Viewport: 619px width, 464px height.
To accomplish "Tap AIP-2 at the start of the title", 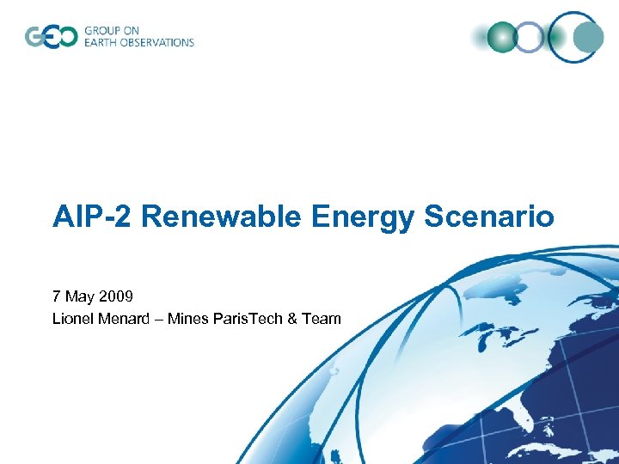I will tap(92, 217).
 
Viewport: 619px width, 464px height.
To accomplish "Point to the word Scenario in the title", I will tap(489, 217).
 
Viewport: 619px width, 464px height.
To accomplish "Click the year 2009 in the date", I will tap(115, 297).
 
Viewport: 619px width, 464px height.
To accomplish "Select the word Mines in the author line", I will tap(187, 319).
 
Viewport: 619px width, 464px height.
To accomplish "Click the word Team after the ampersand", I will tap(322, 319).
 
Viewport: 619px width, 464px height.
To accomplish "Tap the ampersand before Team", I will tap(293, 319).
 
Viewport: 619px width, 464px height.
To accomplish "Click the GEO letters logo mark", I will tap(51, 37).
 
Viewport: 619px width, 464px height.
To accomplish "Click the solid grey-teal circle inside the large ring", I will tap(588, 37).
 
